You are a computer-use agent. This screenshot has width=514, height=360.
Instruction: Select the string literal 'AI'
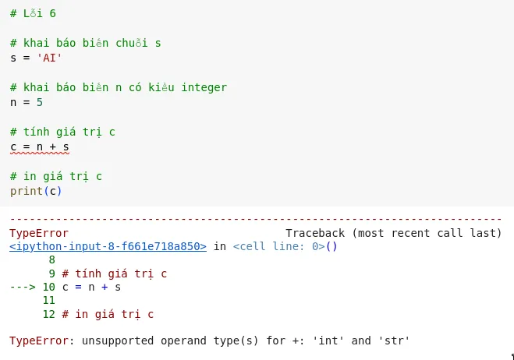[49, 58]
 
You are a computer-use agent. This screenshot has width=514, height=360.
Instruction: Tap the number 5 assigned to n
[39, 102]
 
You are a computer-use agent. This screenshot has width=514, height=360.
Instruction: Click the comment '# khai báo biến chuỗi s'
[85, 44]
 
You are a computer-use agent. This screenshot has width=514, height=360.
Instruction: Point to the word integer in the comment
[204, 87]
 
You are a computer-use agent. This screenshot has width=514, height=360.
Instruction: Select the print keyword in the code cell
[26, 191]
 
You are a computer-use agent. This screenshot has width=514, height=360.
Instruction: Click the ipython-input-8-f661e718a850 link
[108, 246]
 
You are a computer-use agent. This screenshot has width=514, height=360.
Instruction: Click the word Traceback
[315, 233]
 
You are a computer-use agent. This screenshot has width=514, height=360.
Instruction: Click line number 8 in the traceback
[52, 259]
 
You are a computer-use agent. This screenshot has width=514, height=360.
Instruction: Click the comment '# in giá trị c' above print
[55, 176]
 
